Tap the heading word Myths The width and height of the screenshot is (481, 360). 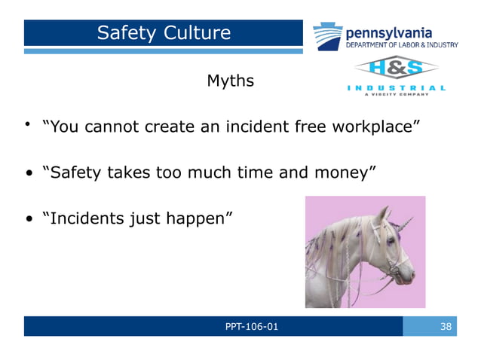(230, 81)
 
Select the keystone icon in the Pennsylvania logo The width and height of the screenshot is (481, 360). (327, 36)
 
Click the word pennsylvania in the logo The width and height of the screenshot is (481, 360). (388, 32)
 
